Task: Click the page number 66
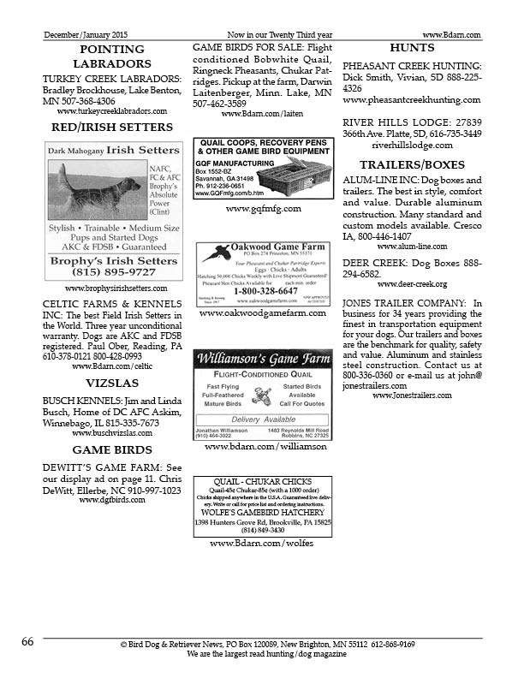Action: (27, 641)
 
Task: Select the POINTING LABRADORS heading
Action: (111, 56)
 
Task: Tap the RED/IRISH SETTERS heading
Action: (111, 128)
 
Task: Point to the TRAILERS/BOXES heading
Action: (412, 164)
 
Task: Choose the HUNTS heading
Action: (412, 48)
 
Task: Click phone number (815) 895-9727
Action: (113, 271)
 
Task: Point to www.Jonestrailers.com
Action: (412, 395)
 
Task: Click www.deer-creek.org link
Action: (412, 284)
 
